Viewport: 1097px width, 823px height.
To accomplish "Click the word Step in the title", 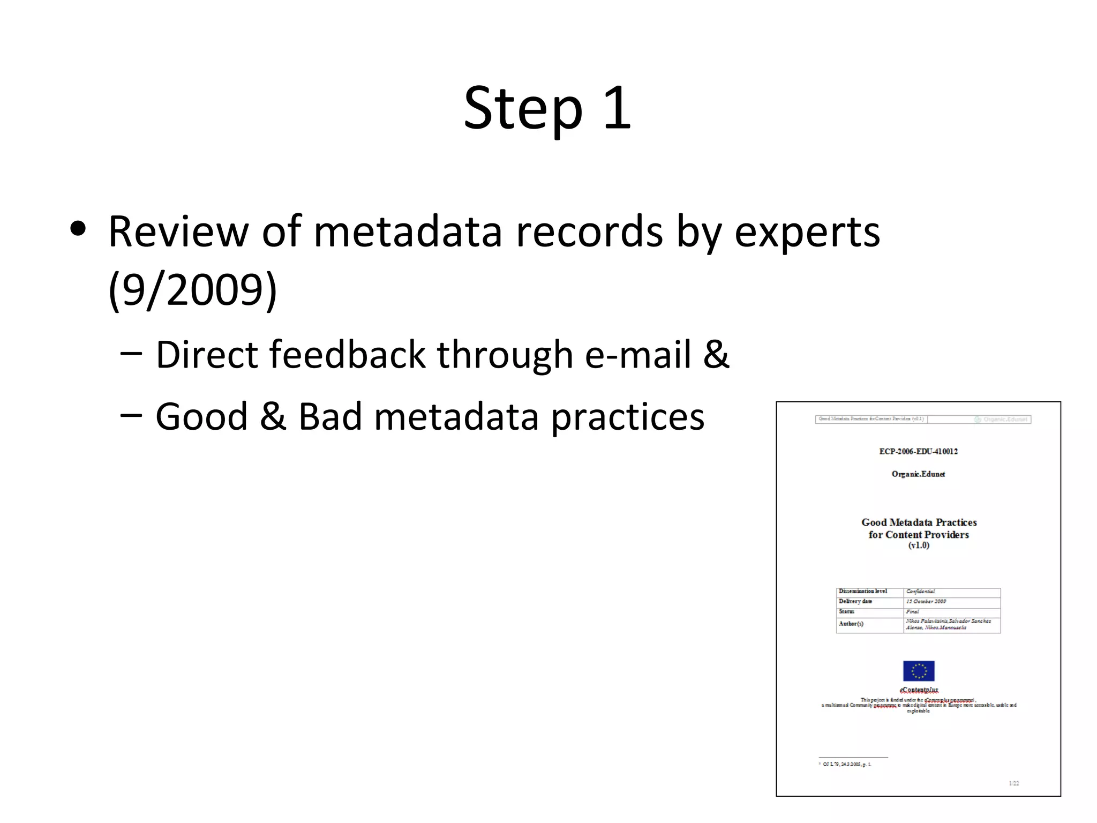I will point(523,109).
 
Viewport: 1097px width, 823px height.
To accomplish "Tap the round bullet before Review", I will point(78,229).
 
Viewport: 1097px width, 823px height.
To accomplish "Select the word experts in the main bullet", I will point(807,232).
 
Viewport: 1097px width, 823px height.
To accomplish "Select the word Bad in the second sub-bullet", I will point(330,416).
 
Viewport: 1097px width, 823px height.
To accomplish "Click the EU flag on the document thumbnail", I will point(919,670).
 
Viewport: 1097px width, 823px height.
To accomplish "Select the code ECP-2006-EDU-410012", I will point(918,451).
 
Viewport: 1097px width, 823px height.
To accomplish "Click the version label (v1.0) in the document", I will point(919,545).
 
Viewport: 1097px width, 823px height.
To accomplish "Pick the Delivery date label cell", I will point(855,601).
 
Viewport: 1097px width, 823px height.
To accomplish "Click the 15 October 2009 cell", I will point(926,601).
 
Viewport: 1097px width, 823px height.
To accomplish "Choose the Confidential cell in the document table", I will point(921,592).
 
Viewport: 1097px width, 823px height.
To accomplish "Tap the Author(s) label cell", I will point(851,624).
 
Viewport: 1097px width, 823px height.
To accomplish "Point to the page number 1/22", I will point(1013,783).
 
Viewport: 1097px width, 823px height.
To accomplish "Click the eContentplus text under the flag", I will point(919,690).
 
